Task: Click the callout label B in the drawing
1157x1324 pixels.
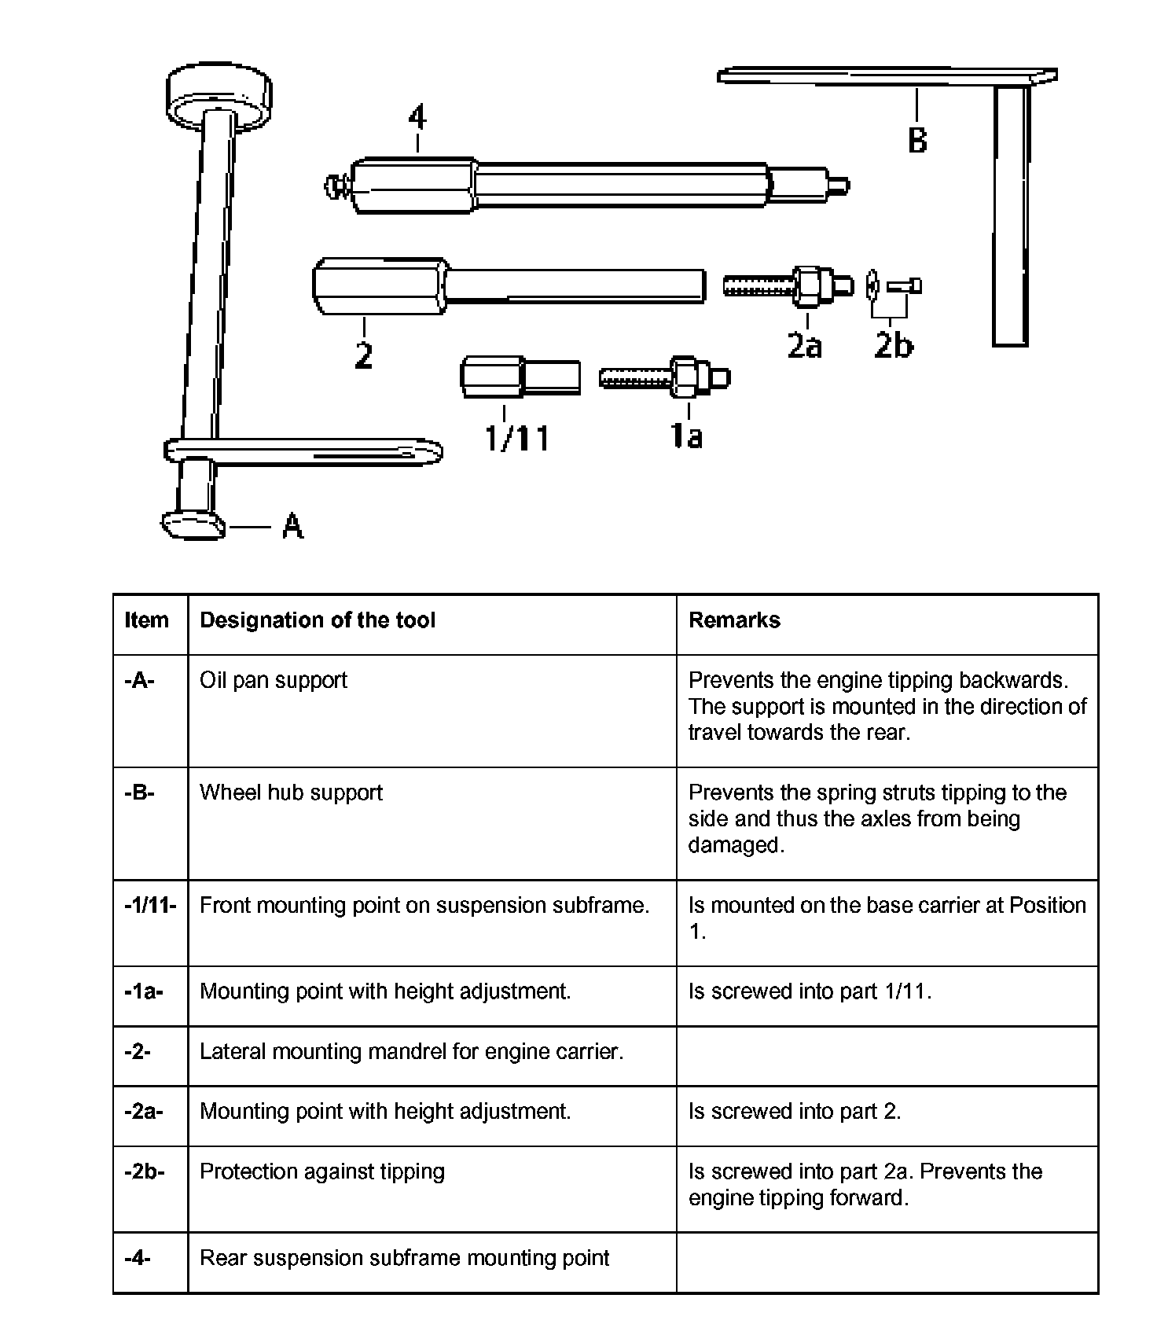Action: pos(917,140)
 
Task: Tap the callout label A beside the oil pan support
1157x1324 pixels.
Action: pos(292,525)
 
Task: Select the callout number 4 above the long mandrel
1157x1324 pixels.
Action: pos(417,118)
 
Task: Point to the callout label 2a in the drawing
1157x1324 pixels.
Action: pos(805,345)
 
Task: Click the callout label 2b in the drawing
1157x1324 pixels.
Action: pos(894,345)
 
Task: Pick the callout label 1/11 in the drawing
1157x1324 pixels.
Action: pos(516,437)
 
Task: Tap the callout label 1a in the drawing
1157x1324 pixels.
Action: pos(687,435)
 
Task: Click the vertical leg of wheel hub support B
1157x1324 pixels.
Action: pos(1010,216)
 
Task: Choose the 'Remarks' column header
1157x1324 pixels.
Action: pos(734,620)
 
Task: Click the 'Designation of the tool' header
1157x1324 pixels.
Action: pos(318,620)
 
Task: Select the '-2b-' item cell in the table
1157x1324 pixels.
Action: pos(145,1171)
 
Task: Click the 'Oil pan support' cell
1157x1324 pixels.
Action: pos(274,680)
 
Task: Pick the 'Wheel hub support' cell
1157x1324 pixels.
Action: pos(291,793)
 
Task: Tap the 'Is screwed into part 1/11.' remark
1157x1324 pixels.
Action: pos(810,991)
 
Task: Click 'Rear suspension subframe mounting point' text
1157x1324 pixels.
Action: pos(404,1258)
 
